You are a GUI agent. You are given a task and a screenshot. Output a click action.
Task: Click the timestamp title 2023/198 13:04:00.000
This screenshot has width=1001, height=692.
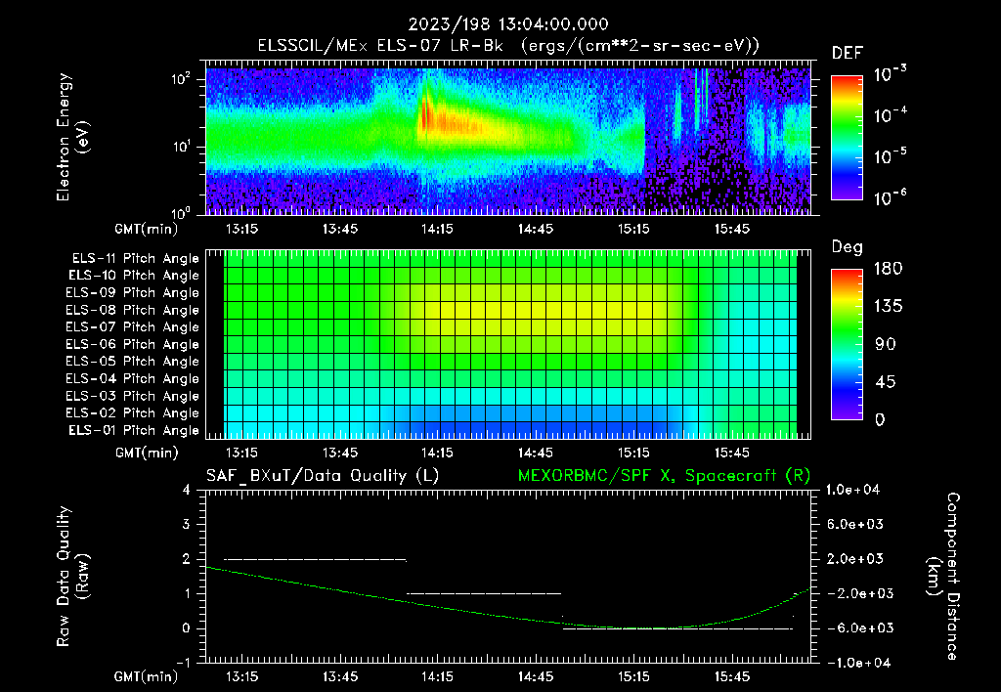point(500,24)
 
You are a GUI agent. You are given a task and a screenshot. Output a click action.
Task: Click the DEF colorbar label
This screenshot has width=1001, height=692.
point(846,53)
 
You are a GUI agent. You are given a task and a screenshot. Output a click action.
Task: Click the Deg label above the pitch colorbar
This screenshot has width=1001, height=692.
point(846,247)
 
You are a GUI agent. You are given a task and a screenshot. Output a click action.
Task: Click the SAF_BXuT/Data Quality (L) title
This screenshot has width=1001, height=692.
point(322,475)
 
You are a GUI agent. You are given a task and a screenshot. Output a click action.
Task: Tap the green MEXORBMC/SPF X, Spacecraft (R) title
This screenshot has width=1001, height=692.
point(664,475)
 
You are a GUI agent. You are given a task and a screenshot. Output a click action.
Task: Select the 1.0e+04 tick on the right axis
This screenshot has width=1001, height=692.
point(855,490)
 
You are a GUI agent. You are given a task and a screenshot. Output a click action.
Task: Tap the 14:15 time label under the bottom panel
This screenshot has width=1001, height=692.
point(436,676)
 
